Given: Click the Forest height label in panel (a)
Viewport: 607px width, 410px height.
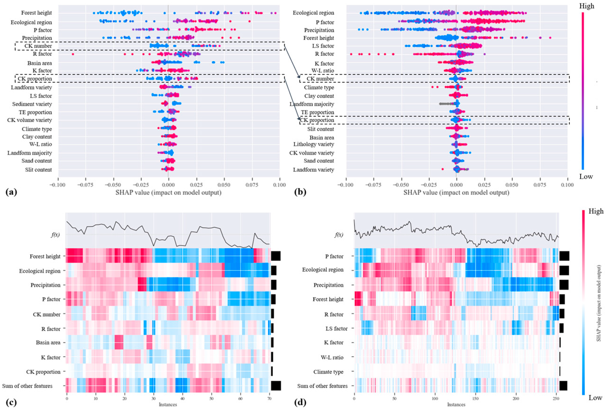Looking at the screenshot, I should click(36, 13).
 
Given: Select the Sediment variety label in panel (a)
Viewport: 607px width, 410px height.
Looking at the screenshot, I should click(32, 104).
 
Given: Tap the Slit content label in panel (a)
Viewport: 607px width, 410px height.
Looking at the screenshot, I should click(38, 170).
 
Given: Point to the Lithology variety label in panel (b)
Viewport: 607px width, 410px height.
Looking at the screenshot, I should click(314, 144).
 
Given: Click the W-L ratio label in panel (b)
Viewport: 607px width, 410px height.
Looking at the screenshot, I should click(322, 70).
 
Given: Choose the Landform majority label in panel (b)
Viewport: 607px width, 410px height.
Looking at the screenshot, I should click(312, 104).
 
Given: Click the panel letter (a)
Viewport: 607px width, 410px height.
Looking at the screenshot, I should click(11, 192).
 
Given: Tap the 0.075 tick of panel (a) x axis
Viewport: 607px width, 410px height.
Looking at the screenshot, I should click(252, 185).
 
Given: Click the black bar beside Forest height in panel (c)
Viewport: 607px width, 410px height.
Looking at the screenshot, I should click(276, 256).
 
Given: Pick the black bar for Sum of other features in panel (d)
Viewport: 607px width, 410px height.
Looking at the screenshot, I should click(563, 386).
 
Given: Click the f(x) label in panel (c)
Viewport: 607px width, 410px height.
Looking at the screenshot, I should click(55, 235).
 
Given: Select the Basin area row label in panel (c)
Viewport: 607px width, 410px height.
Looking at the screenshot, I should click(48, 342).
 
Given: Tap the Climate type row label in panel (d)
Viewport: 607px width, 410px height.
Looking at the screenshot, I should click(328, 372).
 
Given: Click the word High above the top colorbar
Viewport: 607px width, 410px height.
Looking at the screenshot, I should click(587, 6).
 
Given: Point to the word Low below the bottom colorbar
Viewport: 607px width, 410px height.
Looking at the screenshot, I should click(595, 398).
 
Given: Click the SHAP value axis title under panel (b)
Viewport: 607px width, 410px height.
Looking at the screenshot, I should click(456, 193).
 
